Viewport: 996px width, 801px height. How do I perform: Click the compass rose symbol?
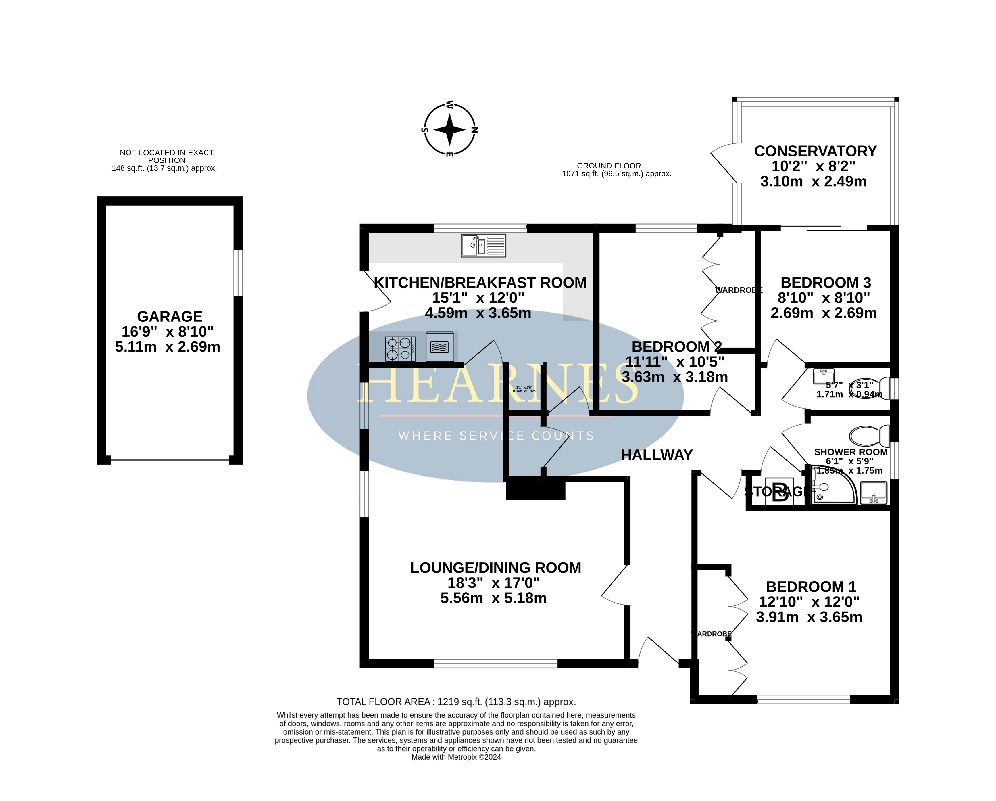click(449, 129)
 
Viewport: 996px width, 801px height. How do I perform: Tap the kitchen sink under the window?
click(483, 246)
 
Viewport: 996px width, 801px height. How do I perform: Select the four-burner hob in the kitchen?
click(400, 348)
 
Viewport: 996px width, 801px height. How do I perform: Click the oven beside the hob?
click(439, 347)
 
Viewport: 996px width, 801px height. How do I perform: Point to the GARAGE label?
click(170, 317)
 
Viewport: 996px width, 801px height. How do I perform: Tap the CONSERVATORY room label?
click(815, 151)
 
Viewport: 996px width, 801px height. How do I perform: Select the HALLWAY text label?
click(656, 455)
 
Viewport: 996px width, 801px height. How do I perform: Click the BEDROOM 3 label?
click(826, 282)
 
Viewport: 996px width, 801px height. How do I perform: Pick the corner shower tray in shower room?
click(832, 488)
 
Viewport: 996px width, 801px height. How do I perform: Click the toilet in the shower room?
click(868, 435)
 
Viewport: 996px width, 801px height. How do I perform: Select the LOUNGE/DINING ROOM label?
click(495, 568)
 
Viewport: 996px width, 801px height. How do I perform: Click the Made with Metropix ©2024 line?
click(456, 757)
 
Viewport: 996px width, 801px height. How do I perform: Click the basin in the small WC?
click(824, 376)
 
